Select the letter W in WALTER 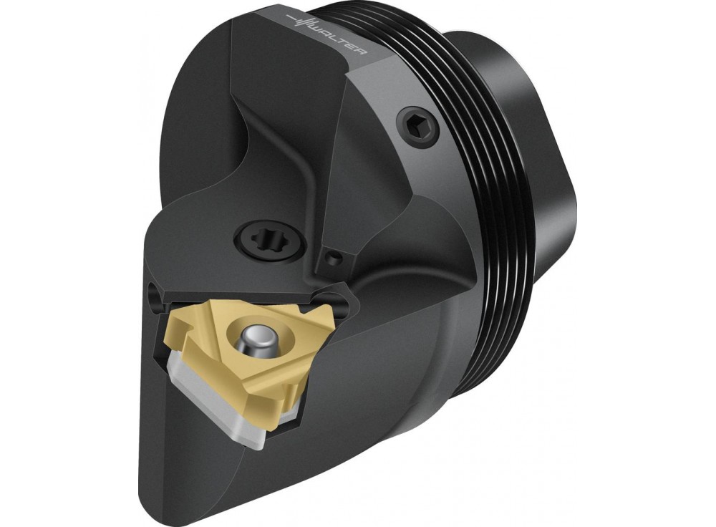(x=320, y=29)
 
